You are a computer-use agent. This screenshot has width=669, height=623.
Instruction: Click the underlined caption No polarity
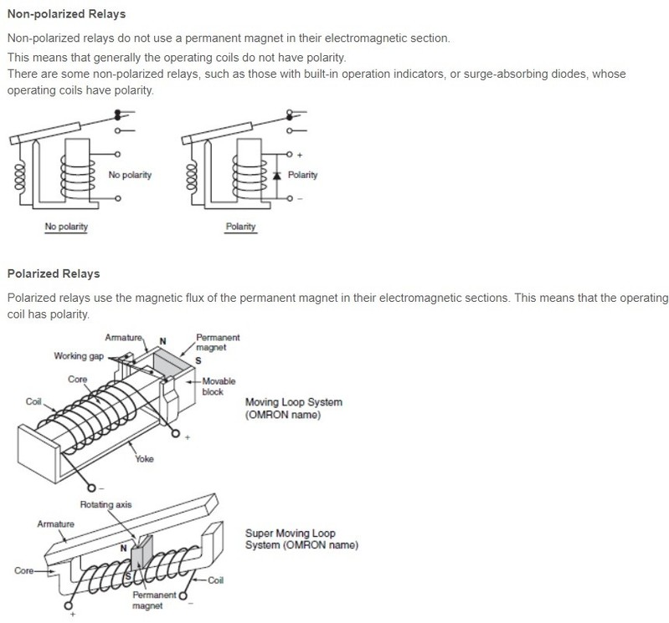coord(66,227)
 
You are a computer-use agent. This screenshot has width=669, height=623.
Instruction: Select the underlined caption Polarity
coord(240,227)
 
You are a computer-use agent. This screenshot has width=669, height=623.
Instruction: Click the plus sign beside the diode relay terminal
coord(299,155)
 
